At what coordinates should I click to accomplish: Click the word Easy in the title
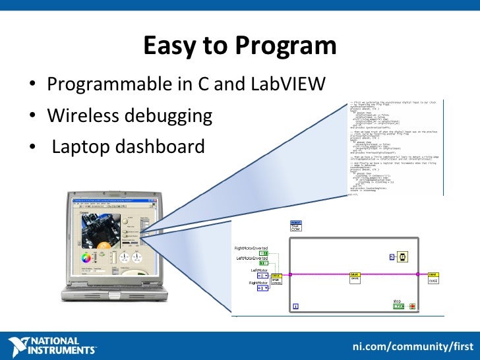coord(165,46)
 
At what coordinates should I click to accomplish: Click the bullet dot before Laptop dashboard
coord(32,147)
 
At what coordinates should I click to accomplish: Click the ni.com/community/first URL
coord(413,345)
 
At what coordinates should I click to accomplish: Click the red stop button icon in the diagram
coord(413,307)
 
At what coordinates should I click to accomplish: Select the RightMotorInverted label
coord(256,248)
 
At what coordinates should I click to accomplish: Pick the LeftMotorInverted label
coord(258,259)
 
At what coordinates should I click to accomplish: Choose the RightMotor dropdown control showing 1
coord(262,288)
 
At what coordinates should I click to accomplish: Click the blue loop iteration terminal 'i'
coord(296,306)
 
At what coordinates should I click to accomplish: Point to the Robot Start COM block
coord(296,226)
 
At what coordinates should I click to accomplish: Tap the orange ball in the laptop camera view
coord(103,245)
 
